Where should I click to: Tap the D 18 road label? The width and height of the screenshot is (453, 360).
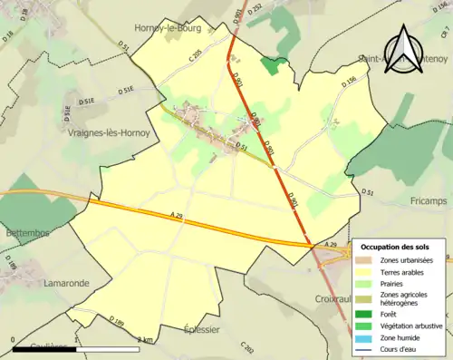[10, 36]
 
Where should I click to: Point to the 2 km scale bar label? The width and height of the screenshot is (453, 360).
[144, 339]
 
